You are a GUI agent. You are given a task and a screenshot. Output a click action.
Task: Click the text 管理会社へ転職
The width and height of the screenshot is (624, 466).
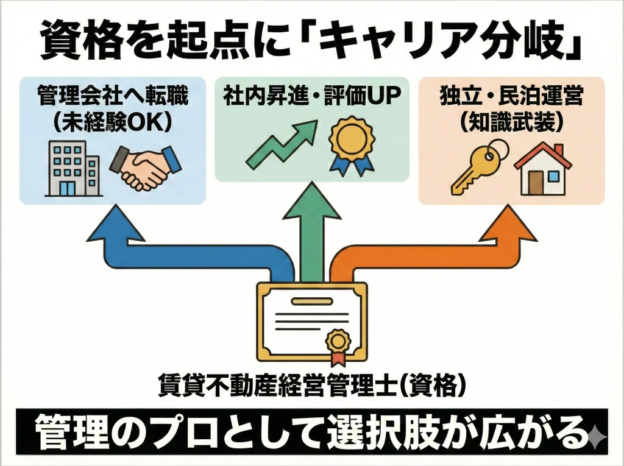[112, 97]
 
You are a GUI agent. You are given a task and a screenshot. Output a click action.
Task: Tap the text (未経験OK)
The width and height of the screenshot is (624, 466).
[112, 122]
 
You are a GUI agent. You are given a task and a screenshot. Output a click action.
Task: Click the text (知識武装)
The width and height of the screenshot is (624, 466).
[511, 122]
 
